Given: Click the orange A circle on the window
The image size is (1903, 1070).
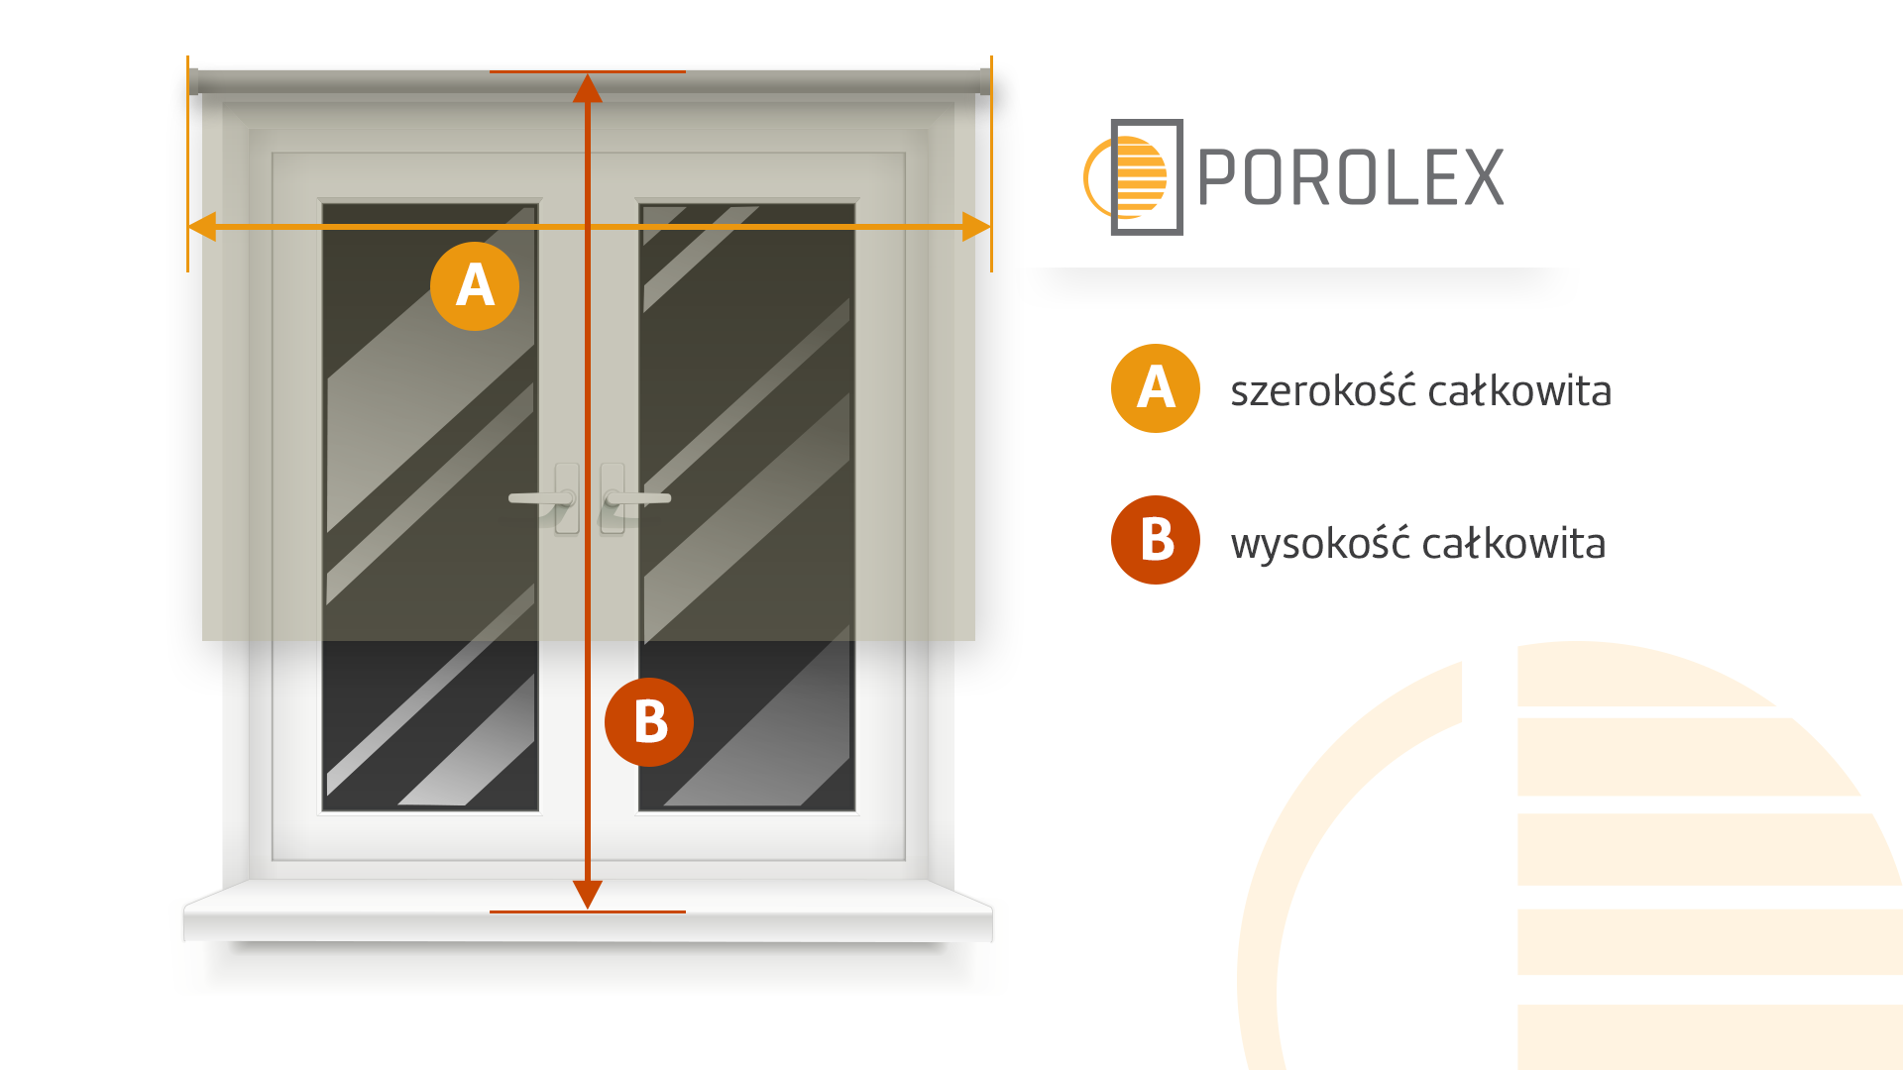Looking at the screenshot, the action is click(475, 286).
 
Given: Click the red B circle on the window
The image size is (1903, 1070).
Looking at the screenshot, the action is click(649, 722).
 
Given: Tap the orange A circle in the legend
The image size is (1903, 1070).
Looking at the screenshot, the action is click(1156, 388).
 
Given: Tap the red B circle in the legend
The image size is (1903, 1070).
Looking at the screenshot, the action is click(1156, 540).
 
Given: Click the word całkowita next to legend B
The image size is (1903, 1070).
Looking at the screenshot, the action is click(1514, 543).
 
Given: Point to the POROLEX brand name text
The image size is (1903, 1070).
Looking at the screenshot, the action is click(1351, 178).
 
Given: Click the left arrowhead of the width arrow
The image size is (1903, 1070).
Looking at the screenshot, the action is click(202, 227).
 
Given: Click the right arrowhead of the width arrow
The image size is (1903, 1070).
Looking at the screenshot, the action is click(976, 227).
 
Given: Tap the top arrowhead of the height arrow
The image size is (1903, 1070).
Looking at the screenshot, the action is click(588, 88).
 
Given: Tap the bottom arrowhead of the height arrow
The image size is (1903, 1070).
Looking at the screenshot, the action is click(588, 895).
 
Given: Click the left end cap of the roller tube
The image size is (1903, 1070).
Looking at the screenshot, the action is click(193, 81).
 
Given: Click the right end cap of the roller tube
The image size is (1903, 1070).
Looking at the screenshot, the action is click(985, 81).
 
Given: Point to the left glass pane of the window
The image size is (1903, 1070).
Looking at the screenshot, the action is click(430, 507).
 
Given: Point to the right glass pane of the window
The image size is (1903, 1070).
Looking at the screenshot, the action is click(746, 507).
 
